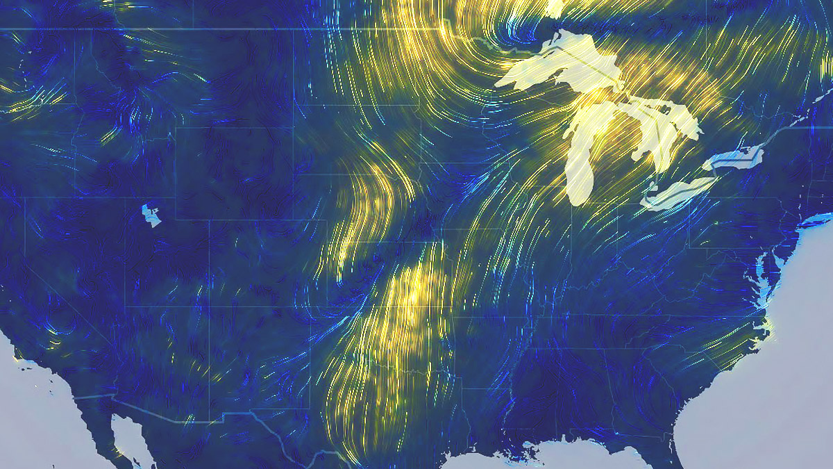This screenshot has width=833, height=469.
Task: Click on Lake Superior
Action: pyautogui.click(x=555, y=66)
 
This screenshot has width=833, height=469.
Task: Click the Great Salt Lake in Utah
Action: pyautogui.click(x=151, y=215)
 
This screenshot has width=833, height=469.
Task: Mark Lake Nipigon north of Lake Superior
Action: pyautogui.click(x=555, y=6)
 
